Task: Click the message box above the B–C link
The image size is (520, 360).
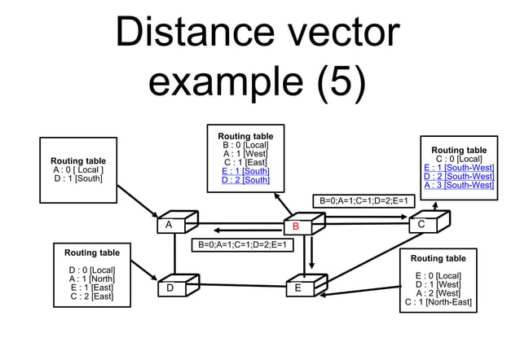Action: (364, 200)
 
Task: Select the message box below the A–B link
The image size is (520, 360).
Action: (242, 244)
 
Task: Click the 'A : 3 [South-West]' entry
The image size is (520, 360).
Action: (458, 186)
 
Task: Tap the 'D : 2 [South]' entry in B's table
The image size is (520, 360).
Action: (245, 180)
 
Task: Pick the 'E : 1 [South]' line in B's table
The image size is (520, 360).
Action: (245, 171)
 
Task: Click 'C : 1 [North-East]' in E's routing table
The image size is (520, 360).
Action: (438, 302)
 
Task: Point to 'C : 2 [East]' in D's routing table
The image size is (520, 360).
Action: (92, 296)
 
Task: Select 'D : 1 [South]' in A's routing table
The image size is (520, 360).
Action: (78, 178)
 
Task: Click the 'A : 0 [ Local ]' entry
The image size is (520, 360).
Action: (78, 169)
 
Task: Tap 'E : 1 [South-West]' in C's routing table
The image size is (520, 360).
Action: (458, 168)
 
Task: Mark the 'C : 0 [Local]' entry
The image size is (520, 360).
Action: (458, 159)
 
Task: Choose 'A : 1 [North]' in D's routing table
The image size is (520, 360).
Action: (92, 279)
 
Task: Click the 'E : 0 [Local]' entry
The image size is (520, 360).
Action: (438, 275)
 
